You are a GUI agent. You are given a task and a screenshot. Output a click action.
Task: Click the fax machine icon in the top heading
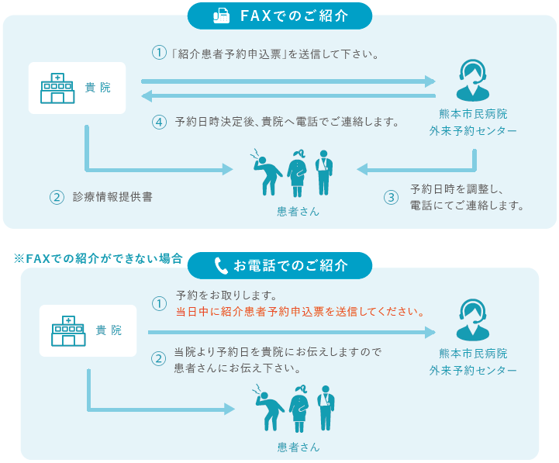(219, 16)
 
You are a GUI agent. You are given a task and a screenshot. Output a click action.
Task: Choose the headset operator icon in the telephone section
(472, 320)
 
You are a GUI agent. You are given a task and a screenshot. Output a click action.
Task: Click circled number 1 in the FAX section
(159, 54)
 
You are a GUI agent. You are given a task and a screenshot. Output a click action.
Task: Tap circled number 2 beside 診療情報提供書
(56, 197)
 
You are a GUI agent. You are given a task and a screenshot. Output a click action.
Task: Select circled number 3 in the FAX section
(392, 197)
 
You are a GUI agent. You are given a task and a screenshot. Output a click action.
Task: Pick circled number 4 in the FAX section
(159, 122)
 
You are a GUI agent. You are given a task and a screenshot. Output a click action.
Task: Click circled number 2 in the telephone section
(159, 359)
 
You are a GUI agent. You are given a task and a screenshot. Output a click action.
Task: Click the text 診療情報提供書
(112, 197)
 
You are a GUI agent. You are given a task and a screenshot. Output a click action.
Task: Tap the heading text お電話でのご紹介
(291, 266)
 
